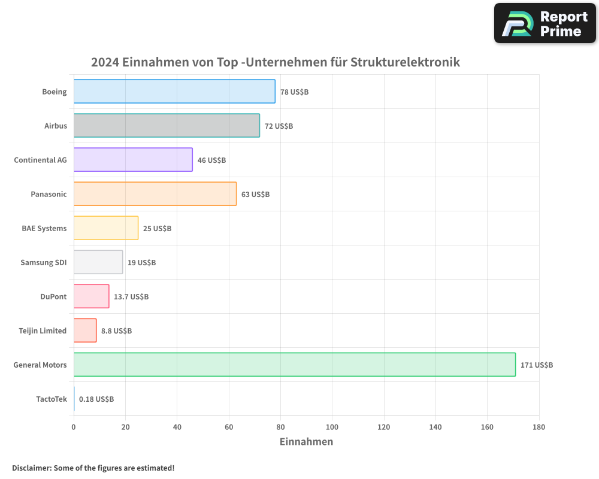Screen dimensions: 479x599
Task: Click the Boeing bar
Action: coord(174,92)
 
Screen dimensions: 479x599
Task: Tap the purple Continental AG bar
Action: coord(133,160)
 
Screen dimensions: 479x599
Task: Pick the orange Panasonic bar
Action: coord(155,194)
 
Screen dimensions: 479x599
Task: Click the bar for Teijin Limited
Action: coord(85,331)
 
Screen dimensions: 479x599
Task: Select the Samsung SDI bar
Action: coord(98,262)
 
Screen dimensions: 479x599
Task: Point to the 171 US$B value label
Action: coord(537,365)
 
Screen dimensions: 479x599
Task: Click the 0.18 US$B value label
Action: coord(96,399)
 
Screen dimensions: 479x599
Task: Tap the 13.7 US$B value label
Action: coord(131,296)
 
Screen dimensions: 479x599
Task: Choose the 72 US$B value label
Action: coord(279,126)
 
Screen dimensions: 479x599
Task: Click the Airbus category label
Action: coord(56,126)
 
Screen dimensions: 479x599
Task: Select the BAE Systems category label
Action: coord(44,228)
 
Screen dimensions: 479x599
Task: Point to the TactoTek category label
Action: coord(52,399)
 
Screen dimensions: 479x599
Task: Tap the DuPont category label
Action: coord(55,296)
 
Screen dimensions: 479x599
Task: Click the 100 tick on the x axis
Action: coord(332,427)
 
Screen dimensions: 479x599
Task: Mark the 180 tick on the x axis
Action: coord(539,427)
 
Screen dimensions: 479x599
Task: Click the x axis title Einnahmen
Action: coord(306,442)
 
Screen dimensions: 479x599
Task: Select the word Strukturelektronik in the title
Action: coord(406,62)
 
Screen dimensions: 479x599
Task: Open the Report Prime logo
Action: coord(544,23)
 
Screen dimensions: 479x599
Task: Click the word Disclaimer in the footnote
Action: coord(31,468)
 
